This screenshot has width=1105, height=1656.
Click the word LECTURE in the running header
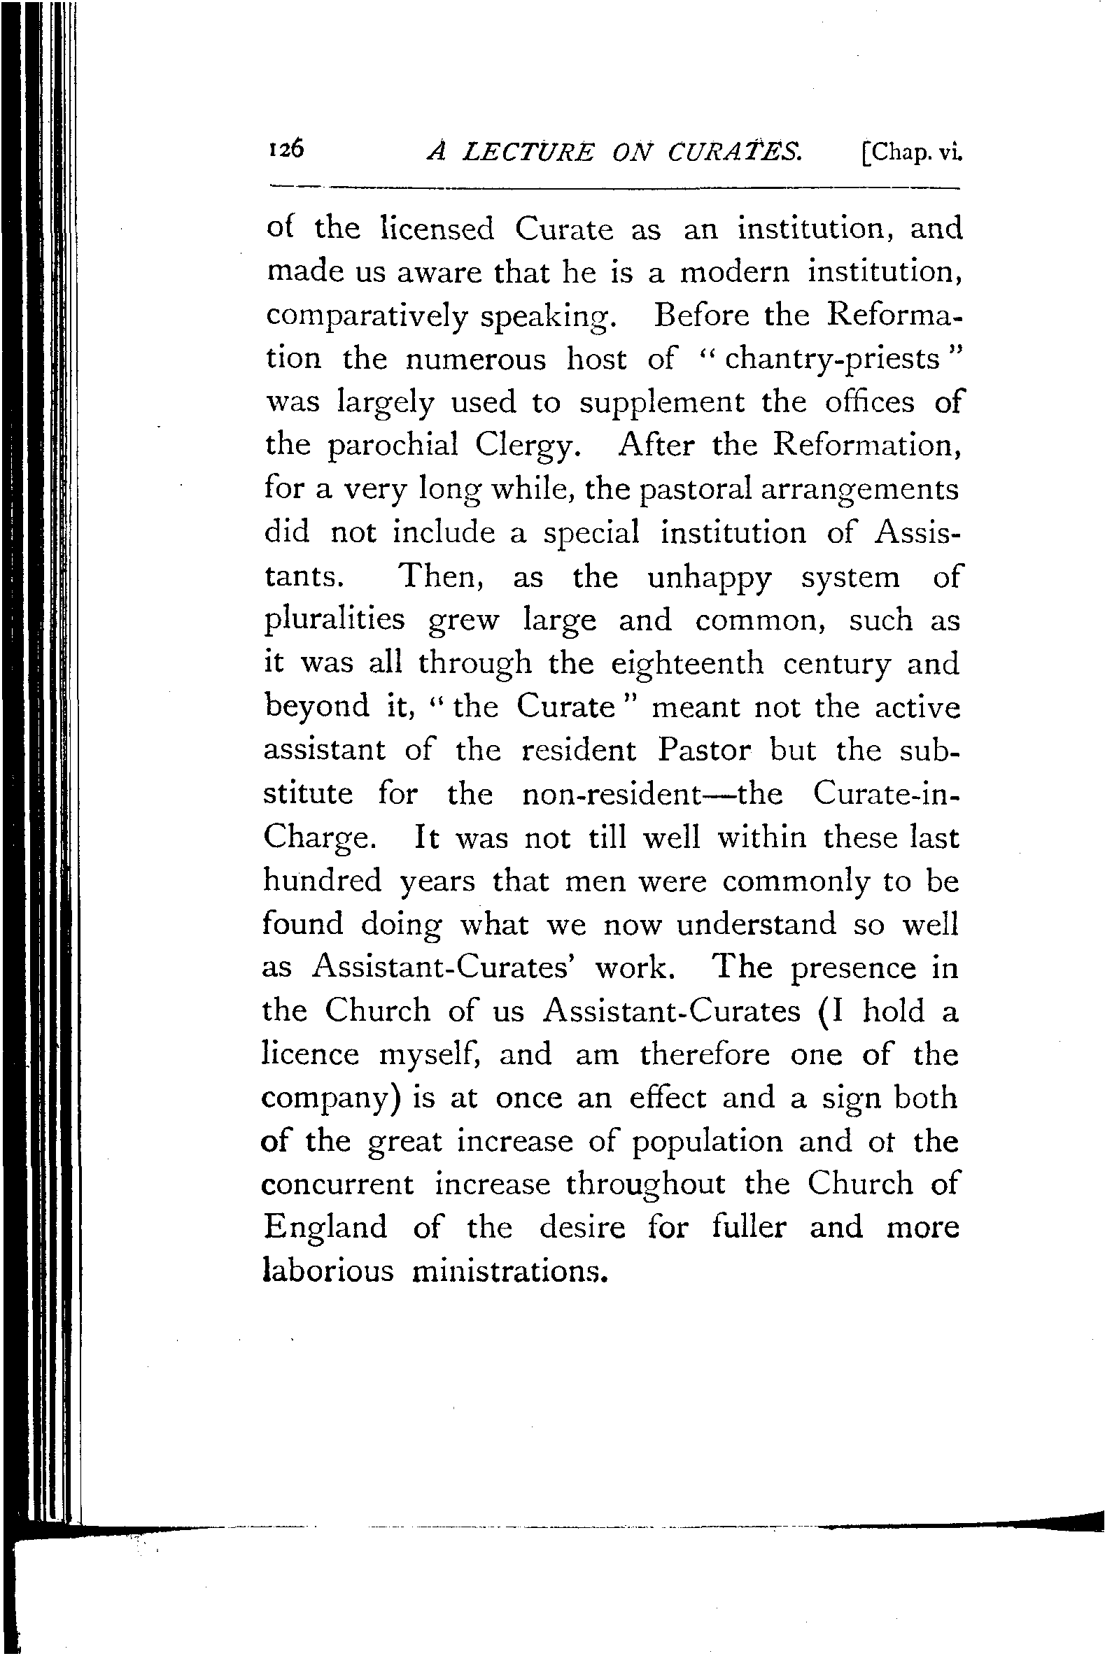[527, 153]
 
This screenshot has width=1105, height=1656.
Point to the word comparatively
[367, 316]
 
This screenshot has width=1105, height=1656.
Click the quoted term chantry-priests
[832, 360]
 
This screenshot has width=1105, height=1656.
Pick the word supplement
[662, 403]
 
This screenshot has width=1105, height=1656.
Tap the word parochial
[393, 446]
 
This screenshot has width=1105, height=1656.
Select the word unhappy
[709, 577]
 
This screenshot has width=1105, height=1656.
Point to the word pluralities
[335, 621]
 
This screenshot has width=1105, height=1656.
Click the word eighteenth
[687, 663]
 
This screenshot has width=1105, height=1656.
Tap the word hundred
[322, 882]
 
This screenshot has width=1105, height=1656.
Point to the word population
[707, 1142]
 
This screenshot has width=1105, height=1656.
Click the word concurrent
[337, 1184]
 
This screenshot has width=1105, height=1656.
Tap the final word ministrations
[509, 1271]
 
